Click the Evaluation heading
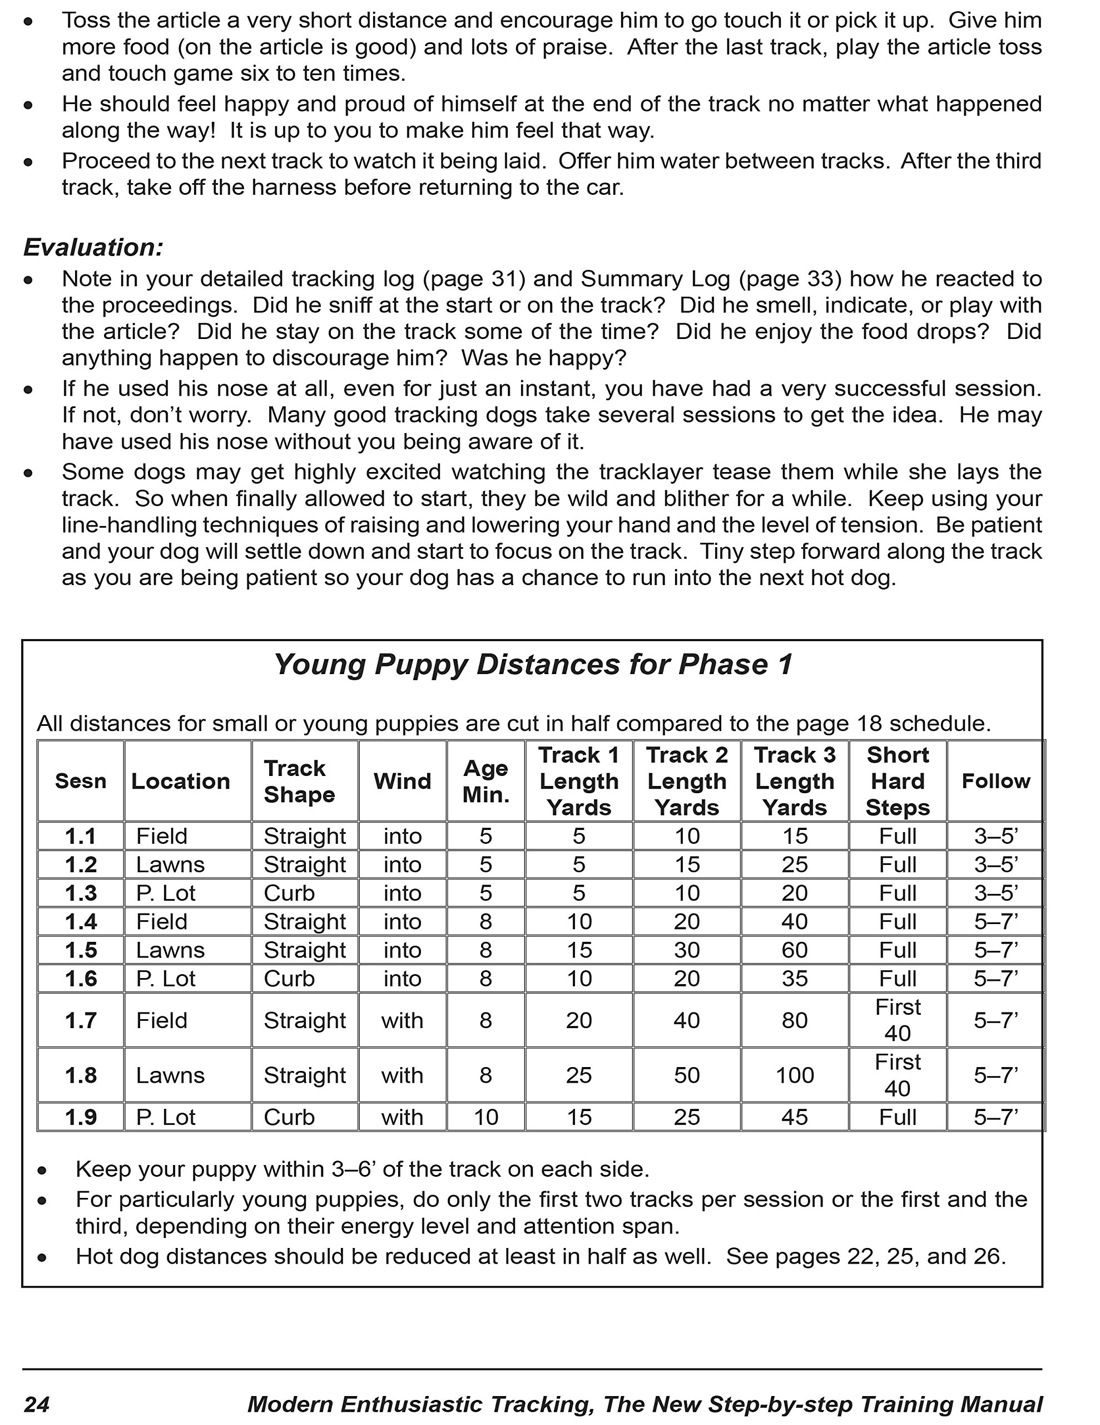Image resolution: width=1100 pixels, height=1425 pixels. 93,248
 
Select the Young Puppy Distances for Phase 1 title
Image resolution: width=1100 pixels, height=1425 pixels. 533,665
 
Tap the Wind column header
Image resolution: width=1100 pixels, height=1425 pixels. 402,781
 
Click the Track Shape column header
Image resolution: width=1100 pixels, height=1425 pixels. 299,781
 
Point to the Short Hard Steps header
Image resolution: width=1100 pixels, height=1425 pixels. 897,781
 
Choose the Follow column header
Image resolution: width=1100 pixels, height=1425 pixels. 995,781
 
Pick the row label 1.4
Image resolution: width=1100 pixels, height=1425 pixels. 81,921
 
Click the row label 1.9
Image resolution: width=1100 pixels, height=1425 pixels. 81,1117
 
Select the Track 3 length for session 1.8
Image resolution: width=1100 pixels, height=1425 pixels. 794,1075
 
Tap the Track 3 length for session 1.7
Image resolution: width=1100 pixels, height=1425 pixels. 794,1020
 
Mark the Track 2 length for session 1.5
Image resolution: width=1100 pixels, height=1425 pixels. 687,950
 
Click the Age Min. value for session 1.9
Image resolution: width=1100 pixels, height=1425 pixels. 486,1117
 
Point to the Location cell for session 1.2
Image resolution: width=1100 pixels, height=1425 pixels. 170,864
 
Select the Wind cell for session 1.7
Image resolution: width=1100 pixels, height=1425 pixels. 402,1020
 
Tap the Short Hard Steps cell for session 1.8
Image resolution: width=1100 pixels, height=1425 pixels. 897,1075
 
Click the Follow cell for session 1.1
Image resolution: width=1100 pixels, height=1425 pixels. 995,836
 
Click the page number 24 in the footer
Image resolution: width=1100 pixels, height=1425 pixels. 37,1404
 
